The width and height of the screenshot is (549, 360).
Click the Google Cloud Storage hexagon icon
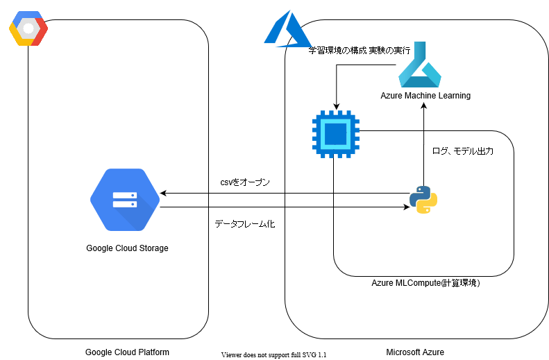point(125,200)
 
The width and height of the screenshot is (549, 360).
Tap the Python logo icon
point(423,200)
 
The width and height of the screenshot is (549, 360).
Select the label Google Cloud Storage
point(127,248)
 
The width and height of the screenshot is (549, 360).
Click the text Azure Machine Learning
point(425,96)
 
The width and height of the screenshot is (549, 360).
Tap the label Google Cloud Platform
point(127,352)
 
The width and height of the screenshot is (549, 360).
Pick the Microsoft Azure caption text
point(415,352)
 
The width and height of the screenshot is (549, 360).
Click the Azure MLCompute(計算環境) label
point(425,283)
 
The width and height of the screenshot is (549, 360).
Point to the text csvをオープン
point(240,182)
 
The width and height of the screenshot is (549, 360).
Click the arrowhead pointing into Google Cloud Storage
point(164,193)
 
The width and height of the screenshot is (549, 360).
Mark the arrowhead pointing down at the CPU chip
point(335,106)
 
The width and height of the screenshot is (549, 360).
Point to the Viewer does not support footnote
point(273,354)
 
